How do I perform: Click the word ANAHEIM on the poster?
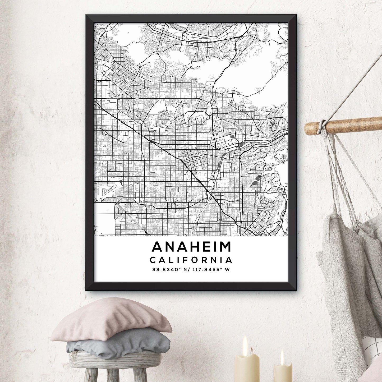(x=191, y=247)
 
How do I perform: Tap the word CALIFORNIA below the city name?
(x=191, y=260)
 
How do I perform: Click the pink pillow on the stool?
(x=111, y=320)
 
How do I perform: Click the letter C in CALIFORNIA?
(x=153, y=260)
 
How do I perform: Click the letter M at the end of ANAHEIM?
(x=225, y=247)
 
